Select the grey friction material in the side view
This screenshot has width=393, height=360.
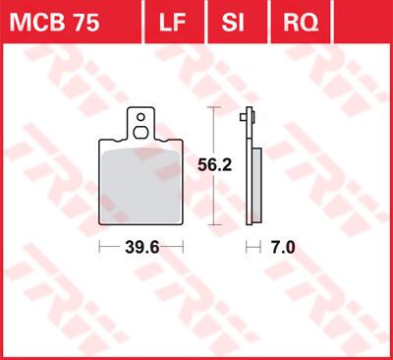tap(257, 187)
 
